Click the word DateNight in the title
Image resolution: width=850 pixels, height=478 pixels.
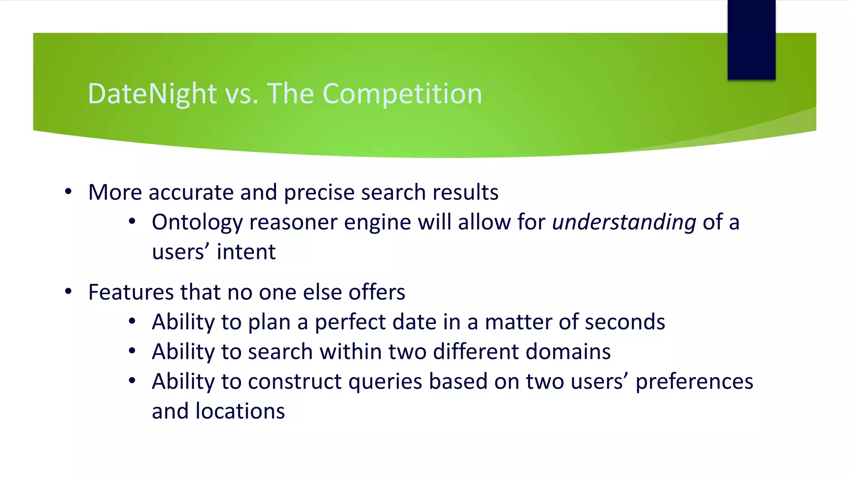click(x=152, y=94)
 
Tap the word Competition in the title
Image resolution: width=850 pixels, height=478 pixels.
click(x=402, y=94)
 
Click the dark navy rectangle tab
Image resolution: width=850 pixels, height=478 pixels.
click(x=751, y=40)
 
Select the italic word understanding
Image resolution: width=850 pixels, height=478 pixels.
click(x=624, y=222)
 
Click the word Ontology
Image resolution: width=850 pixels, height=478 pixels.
click(x=197, y=222)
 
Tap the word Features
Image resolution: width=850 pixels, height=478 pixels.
click(x=130, y=292)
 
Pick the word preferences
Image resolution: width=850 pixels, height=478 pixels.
click(x=694, y=382)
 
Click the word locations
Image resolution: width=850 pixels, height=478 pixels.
click(x=240, y=411)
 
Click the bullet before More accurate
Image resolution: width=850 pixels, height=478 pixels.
click(x=68, y=192)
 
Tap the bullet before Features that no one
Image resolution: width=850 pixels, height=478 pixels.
click(x=68, y=292)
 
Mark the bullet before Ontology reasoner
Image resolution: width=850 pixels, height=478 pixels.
click(x=132, y=222)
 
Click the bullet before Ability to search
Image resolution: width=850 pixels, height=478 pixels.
click(x=132, y=351)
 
